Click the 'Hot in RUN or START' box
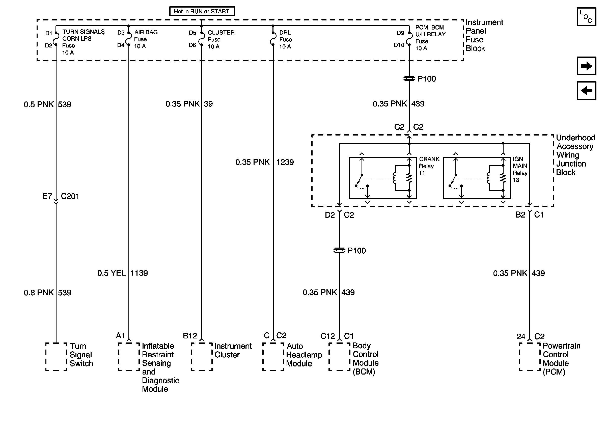(202, 11)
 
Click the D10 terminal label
(399, 45)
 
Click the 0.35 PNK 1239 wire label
(264, 162)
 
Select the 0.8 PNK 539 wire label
(47, 293)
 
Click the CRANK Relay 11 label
(429, 166)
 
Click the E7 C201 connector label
(61, 196)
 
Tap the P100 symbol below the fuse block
(409, 79)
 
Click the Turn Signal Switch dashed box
(56, 357)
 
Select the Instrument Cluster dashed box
(202, 357)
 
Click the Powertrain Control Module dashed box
(530, 357)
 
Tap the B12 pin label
(190, 336)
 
